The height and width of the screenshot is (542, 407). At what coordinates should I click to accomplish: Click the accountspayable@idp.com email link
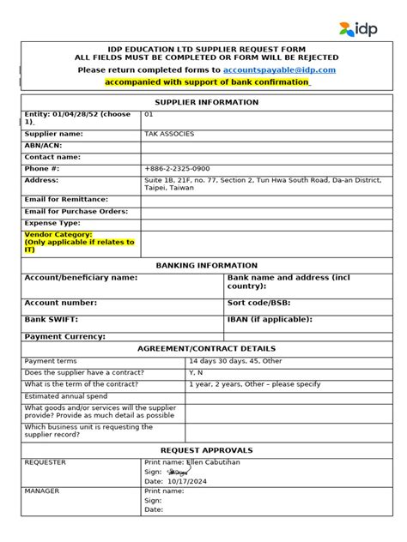[x=279, y=69]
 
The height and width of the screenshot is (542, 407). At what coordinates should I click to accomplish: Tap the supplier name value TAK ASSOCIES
[x=171, y=135]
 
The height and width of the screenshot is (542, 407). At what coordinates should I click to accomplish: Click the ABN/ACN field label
[x=46, y=146]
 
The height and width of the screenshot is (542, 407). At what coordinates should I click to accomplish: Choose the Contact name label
[x=52, y=157]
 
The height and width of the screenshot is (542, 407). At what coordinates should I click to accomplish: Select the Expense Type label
[x=52, y=222]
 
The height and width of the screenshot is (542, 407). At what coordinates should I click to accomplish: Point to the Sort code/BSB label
[x=262, y=303]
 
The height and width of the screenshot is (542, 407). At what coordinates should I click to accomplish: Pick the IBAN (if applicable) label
[x=270, y=319]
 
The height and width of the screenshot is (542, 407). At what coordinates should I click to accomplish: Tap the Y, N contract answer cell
[x=197, y=373]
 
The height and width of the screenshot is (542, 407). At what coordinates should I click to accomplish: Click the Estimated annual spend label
[x=67, y=397]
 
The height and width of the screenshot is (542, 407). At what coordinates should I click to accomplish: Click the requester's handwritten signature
[x=179, y=472]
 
